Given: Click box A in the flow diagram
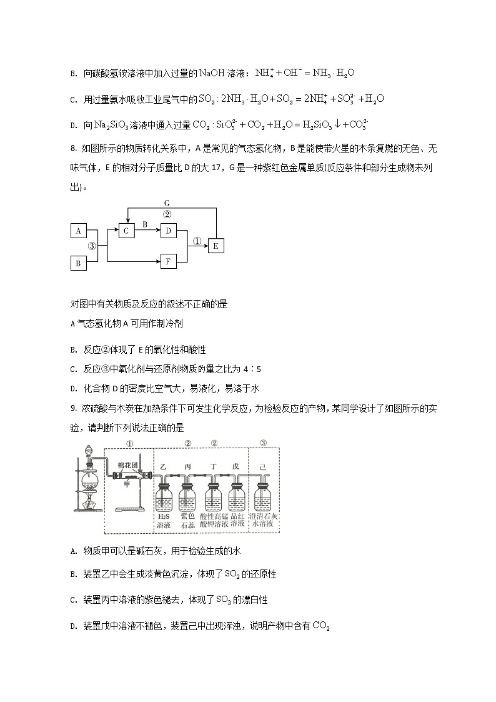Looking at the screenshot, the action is (79, 231).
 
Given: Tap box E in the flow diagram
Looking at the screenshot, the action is (216, 246).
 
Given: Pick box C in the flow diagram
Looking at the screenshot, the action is (126, 231).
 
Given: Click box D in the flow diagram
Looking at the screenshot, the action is (168, 231).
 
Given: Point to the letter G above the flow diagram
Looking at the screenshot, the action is (167, 203).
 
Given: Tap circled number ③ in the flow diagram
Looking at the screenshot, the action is (91, 246).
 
